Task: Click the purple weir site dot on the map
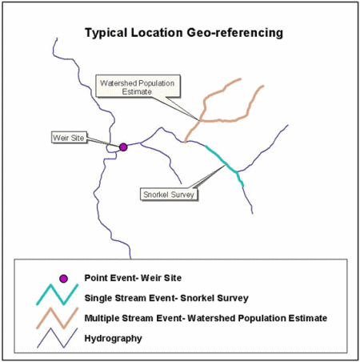[x=123, y=147]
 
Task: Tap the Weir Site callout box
[x=69, y=138]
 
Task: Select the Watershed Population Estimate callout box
[x=138, y=86]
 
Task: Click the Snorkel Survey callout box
[x=169, y=195]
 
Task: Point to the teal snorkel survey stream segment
[x=226, y=163]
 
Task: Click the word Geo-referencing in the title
[x=235, y=33]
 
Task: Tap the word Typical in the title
[x=106, y=33]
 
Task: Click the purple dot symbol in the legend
[x=63, y=279]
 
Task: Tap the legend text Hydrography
[x=113, y=339]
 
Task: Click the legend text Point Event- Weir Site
[x=133, y=278]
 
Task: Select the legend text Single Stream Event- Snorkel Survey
[x=166, y=298]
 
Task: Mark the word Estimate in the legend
[x=308, y=318]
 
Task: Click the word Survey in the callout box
[x=183, y=195]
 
